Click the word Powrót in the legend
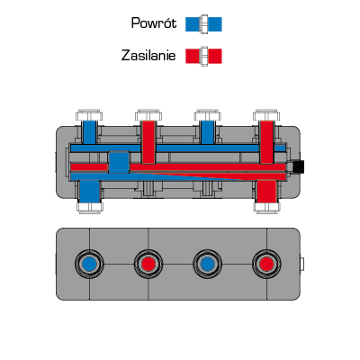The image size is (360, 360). [154, 23]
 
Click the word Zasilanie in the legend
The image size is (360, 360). [148, 56]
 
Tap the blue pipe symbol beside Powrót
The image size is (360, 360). [203, 24]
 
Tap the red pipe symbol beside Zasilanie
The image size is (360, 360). [203, 56]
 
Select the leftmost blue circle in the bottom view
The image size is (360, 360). [89, 264]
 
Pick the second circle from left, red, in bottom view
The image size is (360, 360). [148, 264]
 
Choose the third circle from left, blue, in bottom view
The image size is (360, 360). [208, 264]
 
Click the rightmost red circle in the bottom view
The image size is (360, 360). [266, 264]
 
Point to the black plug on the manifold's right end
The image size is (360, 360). [299, 166]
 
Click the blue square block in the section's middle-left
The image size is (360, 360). [119, 162]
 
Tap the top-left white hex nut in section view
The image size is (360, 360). [89, 115]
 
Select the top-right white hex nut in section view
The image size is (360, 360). [266, 115]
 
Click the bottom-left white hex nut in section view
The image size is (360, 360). [90, 207]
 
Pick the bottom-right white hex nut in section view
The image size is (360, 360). [266, 207]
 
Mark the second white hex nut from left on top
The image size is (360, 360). [148, 115]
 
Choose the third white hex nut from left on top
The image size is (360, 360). [208, 115]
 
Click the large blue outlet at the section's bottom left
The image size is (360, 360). [89, 192]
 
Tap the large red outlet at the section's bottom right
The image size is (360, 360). [266, 192]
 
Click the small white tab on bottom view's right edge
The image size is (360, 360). [302, 264]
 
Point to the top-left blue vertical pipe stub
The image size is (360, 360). [89, 132]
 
